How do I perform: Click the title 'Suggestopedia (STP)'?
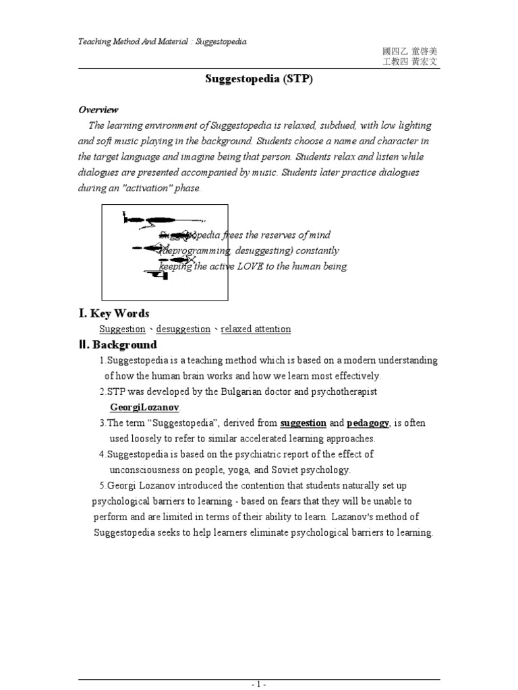coord(259,79)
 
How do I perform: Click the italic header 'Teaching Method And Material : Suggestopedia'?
coord(163,42)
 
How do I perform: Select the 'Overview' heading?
coord(98,109)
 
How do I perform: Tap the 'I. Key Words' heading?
coord(114,313)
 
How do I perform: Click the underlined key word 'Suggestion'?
coord(122,330)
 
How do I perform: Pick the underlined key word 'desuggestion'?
coord(183,330)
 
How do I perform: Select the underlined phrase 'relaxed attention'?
coord(256,330)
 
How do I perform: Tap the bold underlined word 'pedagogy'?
coord(368,423)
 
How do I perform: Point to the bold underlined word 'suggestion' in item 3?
coord(303,423)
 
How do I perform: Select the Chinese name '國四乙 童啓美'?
coord(410,51)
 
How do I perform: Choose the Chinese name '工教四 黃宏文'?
coord(410,61)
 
